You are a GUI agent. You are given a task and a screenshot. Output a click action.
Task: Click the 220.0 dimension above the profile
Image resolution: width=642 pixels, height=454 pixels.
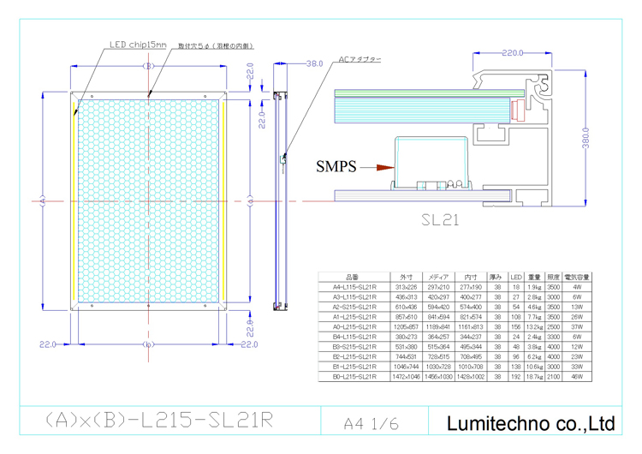tap(514, 53)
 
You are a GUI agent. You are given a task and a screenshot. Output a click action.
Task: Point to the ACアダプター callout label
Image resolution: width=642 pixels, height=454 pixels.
tap(360, 60)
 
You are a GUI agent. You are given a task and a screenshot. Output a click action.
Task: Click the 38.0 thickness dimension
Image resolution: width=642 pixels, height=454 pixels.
tap(314, 63)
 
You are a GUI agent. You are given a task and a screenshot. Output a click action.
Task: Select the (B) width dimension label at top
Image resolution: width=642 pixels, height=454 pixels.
tap(148, 66)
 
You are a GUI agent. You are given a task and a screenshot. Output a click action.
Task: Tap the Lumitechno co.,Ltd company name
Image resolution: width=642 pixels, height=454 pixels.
tap(531, 422)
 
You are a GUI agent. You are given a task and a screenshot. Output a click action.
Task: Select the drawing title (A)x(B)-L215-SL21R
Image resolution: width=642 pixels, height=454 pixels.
tap(158, 420)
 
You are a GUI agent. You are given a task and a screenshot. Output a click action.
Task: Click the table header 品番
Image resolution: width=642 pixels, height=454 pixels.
tap(353, 277)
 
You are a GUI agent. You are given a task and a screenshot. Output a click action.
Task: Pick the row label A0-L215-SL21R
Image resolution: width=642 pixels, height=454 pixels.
tap(354, 326)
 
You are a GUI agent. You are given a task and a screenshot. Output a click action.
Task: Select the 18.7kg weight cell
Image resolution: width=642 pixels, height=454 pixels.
tap(534, 376)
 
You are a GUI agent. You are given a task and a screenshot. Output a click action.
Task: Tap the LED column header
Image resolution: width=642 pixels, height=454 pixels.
tap(515, 277)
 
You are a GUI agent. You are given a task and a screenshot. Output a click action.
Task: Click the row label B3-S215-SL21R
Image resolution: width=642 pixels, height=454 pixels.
tap(354, 346)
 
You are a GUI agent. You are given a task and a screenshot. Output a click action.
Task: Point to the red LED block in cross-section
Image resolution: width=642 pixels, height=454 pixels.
tap(516, 111)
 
